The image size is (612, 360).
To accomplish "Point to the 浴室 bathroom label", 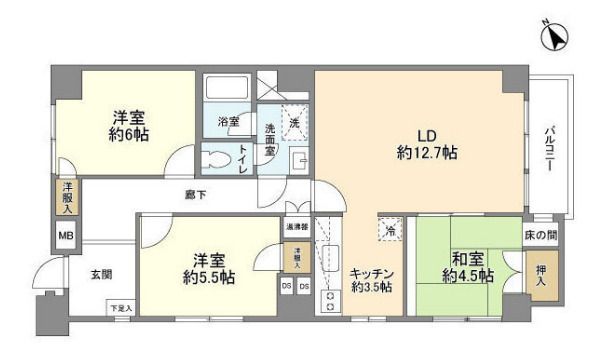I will (229, 123).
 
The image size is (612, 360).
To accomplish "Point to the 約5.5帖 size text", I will (207, 276).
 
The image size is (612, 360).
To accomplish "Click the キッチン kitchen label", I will (370, 273).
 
